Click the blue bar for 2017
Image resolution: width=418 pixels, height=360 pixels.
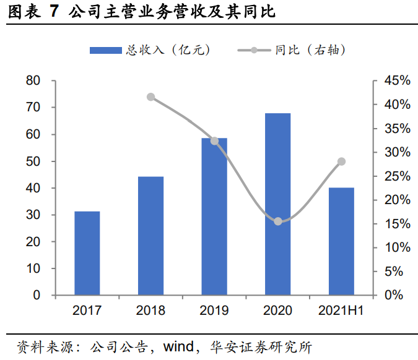(87, 253)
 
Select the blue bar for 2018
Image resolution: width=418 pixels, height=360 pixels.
(151, 236)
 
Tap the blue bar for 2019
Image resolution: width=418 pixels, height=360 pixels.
(214, 216)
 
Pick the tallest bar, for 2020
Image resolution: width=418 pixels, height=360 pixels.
(278, 204)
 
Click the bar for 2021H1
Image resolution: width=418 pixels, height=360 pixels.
(341, 241)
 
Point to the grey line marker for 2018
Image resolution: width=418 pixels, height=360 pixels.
(151, 97)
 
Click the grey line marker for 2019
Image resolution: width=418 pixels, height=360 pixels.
(214, 141)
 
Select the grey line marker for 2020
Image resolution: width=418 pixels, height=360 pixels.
(278, 221)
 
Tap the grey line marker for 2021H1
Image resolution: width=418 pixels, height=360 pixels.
(341, 161)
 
